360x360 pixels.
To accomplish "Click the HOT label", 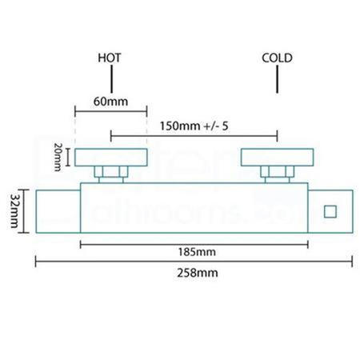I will click(x=110, y=58).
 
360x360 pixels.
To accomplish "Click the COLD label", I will click(x=277, y=58).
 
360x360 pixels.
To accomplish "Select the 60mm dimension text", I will click(x=110, y=102).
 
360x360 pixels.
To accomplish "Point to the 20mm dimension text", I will click(x=58, y=157).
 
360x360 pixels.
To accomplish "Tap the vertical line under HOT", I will click(x=110, y=78).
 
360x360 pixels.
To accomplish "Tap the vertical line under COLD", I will click(x=277, y=78).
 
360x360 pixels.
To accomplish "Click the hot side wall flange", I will click(x=110, y=158).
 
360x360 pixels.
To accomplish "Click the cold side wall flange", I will click(x=277, y=158).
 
